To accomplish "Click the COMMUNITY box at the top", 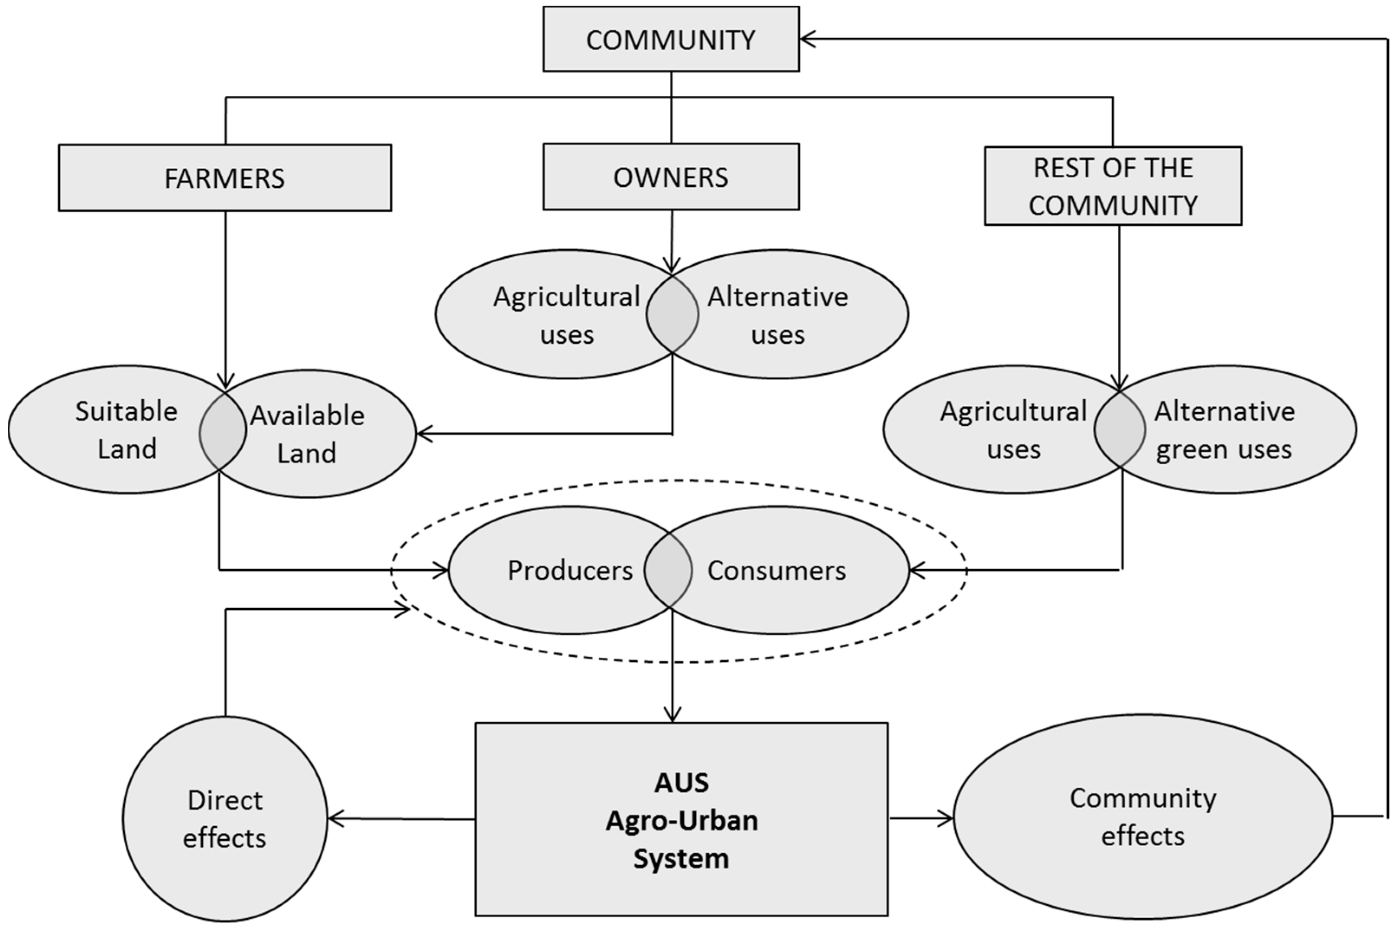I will pyautogui.click(x=671, y=39).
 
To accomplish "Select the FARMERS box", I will pyautogui.click(x=224, y=178).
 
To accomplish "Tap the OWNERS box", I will pyautogui.click(x=671, y=176).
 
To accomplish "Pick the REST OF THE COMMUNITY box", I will pyautogui.click(x=1113, y=186).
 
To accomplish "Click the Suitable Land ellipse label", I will pyautogui.click(x=126, y=430).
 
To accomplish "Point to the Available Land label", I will pyautogui.click(x=307, y=434).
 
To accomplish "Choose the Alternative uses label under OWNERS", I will pyautogui.click(x=778, y=315).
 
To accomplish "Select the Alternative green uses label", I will pyautogui.click(x=1224, y=430).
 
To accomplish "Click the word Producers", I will pyautogui.click(x=570, y=571).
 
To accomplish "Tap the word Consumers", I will pyautogui.click(x=776, y=571).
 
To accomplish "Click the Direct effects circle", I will pyautogui.click(x=225, y=818).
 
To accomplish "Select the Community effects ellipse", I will pyautogui.click(x=1143, y=817).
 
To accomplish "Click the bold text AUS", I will pyautogui.click(x=682, y=783).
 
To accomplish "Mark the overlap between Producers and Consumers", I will pyautogui.click(x=668, y=571).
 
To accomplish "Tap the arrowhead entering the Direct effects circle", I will pyautogui.click(x=334, y=818).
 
